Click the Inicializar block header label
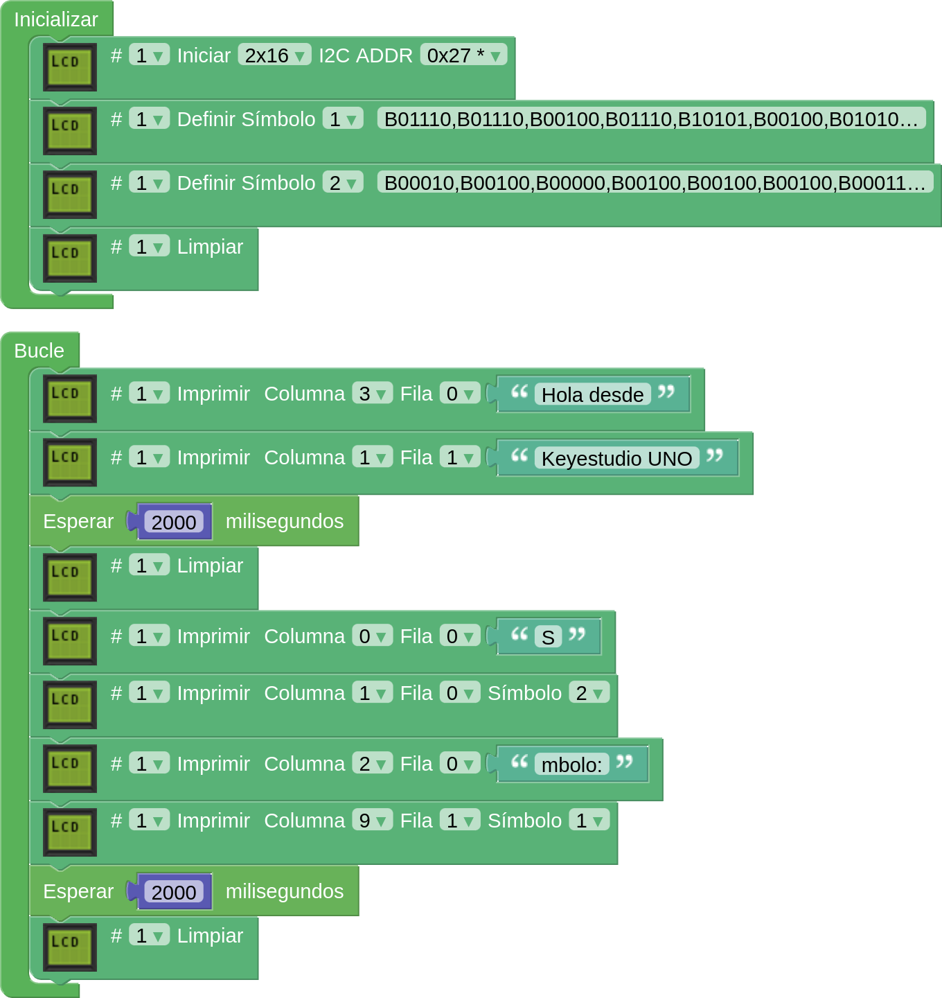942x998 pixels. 56,19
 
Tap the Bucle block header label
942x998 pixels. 39,351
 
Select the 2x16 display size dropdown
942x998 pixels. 274,55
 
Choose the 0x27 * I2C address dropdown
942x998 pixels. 463,55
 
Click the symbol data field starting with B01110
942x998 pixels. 651,119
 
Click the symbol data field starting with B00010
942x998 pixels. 655,183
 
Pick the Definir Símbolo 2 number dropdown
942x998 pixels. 343,183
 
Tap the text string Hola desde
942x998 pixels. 592,395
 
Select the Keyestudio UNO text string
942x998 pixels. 616,459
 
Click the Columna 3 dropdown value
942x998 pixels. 372,394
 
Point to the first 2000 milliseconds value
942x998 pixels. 174,523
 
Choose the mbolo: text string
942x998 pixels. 571,765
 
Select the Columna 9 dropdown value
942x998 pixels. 372,821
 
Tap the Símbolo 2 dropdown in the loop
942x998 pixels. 589,693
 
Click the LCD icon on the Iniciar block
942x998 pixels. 69,67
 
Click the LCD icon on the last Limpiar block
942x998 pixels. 69,947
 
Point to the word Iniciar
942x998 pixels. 204,55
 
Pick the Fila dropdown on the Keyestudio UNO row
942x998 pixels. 459,457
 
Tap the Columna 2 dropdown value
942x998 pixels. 372,764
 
